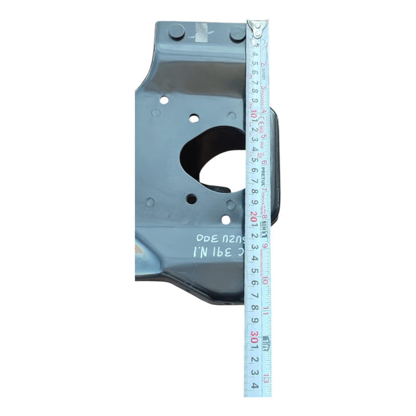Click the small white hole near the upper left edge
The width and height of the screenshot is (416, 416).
tap(163, 101)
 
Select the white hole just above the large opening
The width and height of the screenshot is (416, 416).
tap(194, 119)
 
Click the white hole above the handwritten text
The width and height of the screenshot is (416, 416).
tap(226, 219)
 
